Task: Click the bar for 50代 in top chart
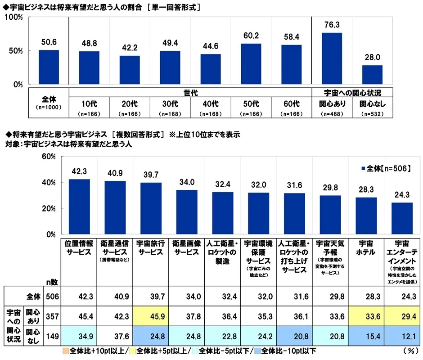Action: click(x=251, y=64)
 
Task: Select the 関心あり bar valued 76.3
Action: click(x=332, y=58)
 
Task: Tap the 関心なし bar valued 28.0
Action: click(x=372, y=75)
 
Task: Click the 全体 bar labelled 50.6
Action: click(x=49, y=67)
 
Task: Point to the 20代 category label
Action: click(x=130, y=104)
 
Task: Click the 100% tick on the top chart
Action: click(x=14, y=17)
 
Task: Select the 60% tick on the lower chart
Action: click(x=49, y=157)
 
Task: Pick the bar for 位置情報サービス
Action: click(x=79, y=207)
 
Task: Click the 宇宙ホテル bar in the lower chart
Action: click(x=366, y=216)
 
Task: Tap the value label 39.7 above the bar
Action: click(x=151, y=175)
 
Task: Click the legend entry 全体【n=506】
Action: click(x=386, y=169)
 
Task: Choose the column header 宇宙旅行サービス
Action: click(x=151, y=248)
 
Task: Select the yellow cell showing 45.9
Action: click(x=151, y=316)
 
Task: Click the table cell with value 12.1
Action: click(x=402, y=336)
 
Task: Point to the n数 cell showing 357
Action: click(x=52, y=316)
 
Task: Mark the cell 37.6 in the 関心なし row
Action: click(x=115, y=336)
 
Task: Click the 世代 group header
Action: click(x=190, y=93)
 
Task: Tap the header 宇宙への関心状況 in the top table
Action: click(x=352, y=93)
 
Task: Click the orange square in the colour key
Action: click(x=66, y=351)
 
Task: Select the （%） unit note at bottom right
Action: click(x=411, y=351)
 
